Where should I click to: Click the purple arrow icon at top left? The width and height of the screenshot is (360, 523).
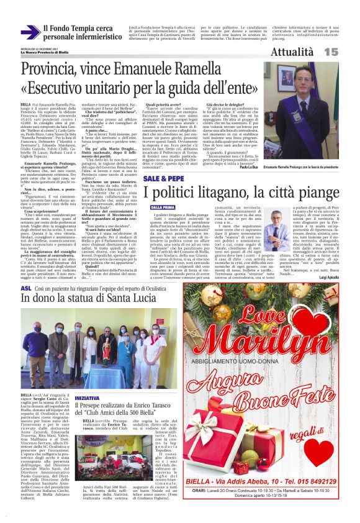(30, 32)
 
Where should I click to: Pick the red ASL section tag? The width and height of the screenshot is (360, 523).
(26, 289)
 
